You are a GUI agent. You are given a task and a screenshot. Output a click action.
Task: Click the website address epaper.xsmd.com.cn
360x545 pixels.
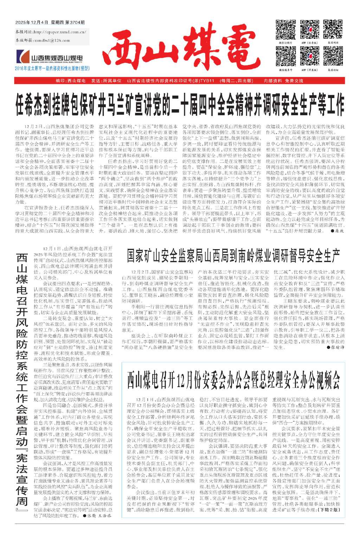tap(60, 32)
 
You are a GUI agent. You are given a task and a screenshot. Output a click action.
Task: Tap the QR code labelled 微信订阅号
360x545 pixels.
tap(285, 30)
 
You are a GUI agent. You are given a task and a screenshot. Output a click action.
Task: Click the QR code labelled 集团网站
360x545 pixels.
tap(333, 30)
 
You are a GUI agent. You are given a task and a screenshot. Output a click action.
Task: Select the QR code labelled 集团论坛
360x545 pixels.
tap(333, 56)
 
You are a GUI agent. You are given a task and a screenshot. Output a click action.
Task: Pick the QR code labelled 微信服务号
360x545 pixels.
tap(285, 56)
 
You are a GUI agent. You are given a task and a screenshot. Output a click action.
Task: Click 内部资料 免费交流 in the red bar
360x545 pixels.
tap(283, 81)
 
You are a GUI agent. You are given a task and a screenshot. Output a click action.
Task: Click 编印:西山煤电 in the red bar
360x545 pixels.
tap(71, 81)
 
